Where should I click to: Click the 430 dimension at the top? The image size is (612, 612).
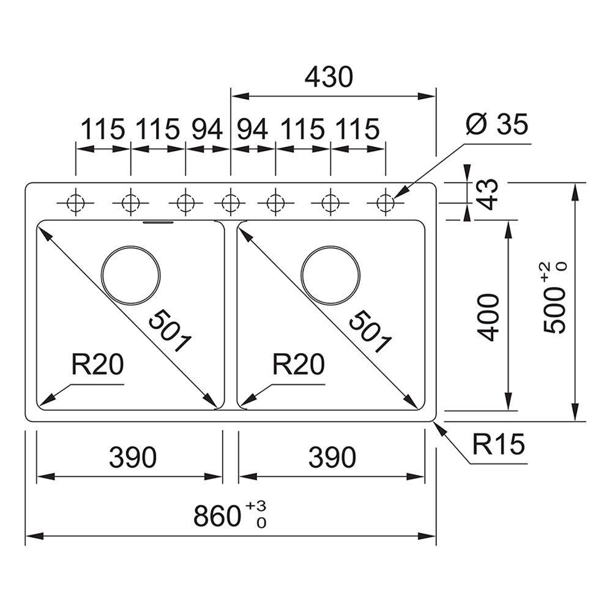click(329, 77)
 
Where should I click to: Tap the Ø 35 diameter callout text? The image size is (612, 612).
click(497, 124)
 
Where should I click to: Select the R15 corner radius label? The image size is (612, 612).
click(498, 444)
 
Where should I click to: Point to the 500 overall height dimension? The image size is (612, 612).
click(554, 297)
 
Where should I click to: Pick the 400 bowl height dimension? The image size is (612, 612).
click(488, 318)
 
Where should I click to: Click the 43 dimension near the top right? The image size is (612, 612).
click(488, 194)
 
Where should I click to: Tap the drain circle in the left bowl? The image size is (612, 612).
click(130, 275)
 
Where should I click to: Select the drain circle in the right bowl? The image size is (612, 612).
click(331, 275)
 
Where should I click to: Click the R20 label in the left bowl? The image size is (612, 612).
click(97, 364)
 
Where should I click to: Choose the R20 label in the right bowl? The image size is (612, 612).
click(299, 364)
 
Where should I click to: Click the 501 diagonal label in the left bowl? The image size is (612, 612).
click(170, 330)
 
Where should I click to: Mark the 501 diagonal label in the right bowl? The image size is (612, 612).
click(370, 331)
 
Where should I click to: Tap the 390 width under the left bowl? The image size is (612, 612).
click(133, 457)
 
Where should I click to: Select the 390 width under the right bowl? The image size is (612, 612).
click(332, 457)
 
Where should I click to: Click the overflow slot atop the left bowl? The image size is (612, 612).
click(158, 223)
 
